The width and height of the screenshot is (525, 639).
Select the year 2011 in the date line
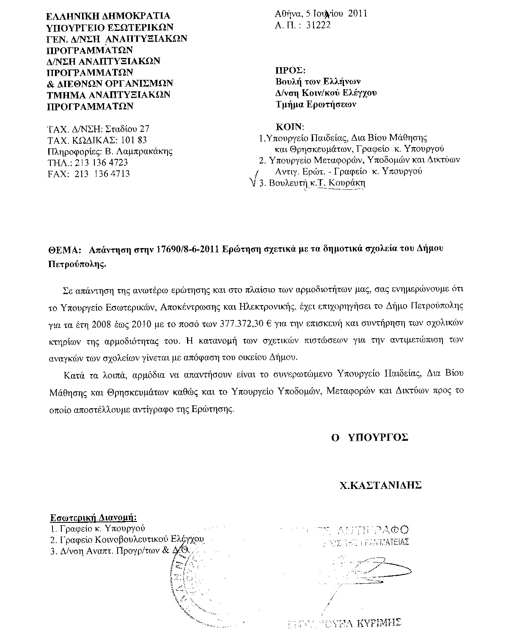[358, 14]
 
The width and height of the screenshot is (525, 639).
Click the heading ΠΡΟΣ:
[290, 70]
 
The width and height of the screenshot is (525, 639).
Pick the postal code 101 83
[134, 140]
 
